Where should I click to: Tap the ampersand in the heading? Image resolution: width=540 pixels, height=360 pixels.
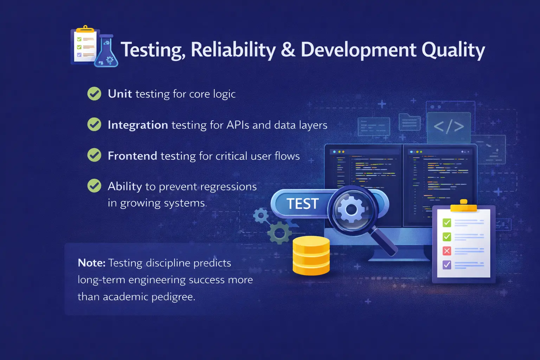coord(288,50)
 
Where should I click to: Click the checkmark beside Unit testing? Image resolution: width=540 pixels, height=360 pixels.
coord(94,94)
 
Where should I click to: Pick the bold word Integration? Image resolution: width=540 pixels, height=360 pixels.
coord(138,125)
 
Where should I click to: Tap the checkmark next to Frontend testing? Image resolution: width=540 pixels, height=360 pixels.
coord(94,155)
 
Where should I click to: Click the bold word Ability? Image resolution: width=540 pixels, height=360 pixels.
coord(125,186)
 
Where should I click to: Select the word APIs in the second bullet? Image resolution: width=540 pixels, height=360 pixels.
coord(238,125)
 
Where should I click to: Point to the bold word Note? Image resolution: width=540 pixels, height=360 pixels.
coord(91,263)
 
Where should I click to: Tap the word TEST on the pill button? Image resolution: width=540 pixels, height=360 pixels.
coord(302,204)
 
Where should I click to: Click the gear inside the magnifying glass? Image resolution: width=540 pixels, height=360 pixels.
coord(351,210)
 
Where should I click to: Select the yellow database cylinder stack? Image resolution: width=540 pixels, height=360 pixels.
coord(311,256)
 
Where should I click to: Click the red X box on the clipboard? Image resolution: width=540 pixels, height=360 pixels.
coord(447,251)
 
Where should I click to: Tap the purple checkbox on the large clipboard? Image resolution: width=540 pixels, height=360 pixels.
coord(447,264)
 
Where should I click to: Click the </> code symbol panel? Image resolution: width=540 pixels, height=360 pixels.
coord(449,127)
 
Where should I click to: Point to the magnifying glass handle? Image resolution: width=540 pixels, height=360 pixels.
coord(385,242)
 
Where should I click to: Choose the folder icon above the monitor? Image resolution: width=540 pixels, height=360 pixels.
coord(410,122)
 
